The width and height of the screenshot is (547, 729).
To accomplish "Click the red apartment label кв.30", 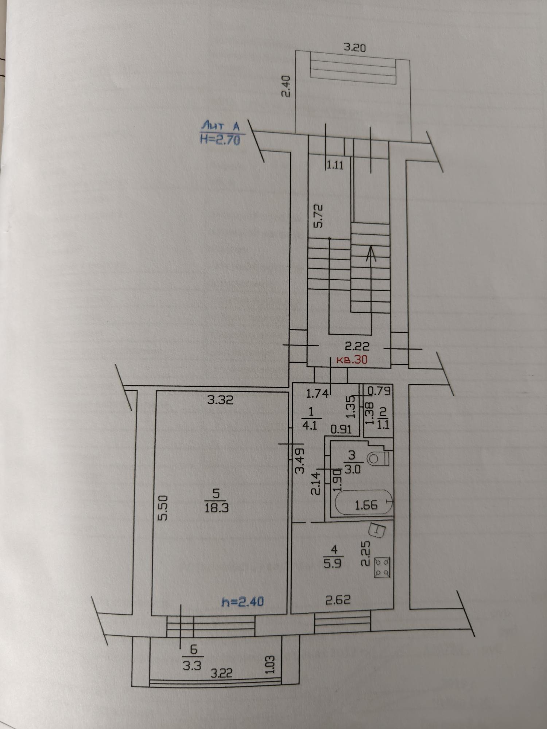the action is pos(351,360).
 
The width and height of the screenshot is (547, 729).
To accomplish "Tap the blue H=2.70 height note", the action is pos(220,140).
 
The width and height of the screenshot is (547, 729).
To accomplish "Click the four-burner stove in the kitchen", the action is pos(383,568).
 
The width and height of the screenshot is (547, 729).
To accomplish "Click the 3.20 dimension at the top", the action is pos(354,47).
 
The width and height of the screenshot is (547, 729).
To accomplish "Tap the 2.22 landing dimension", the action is pos(357,346).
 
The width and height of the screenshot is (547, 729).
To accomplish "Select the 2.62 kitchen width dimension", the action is pos(338,600).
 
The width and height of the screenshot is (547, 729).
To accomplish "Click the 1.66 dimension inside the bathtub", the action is pos(366,505).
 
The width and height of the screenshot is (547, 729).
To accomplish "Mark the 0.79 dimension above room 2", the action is pos(379,391).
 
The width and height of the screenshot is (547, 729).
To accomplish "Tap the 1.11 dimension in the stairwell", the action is pos(335,165).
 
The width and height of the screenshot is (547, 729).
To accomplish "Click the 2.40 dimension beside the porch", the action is pos(286,86).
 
